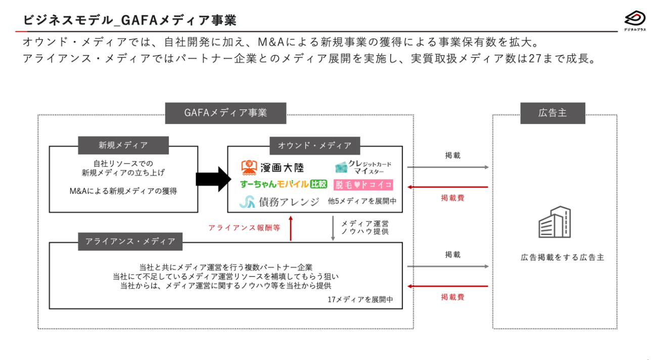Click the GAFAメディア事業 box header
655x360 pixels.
click(x=225, y=113)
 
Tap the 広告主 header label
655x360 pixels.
click(x=552, y=113)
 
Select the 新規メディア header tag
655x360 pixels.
click(x=123, y=145)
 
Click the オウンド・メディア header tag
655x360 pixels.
click(x=314, y=145)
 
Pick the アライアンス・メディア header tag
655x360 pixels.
click(x=130, y=241)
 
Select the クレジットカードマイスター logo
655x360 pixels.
click(x=363, y=167)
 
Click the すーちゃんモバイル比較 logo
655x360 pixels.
click(x=284, y=185)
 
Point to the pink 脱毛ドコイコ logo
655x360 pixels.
click(x=363, y=185)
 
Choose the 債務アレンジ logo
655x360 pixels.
click(x=279, y=202)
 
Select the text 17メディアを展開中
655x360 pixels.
click(x=360, y=299)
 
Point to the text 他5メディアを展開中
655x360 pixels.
click(x=362, y=201)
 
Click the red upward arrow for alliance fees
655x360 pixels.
click(x=291, y=228)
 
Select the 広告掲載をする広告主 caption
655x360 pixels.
click(x=555, y=257)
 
